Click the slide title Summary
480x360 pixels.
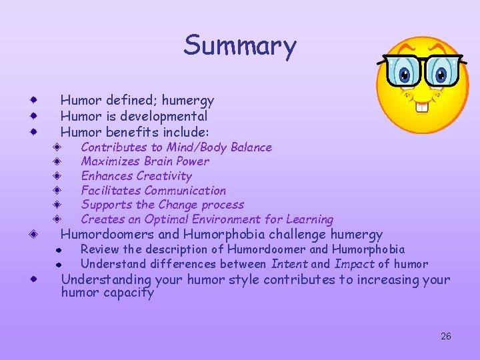click(x=240, y=46)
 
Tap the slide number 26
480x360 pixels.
click(x=446, y=336)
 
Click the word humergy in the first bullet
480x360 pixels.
click(x=189, y=101)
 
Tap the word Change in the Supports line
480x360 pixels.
click(x=171, y=205)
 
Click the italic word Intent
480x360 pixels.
click(x=290, y=264)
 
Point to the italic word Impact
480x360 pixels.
click(x=354, y=264)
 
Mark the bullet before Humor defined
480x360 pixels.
click(x=33, y=101)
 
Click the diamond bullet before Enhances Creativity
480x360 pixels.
click(x=58, y=176)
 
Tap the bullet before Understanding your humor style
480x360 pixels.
click(x=33, y=280)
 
